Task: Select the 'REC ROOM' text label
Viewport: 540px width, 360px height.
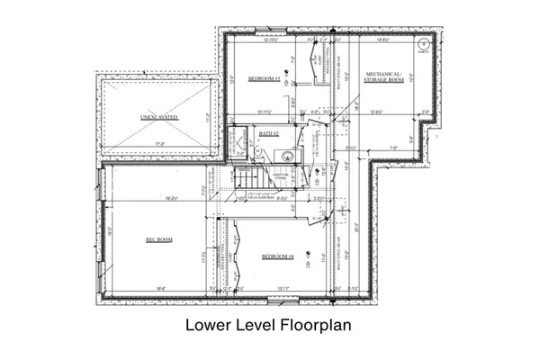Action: (x=158, y=239)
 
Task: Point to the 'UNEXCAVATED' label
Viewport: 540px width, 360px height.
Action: (x=158, y=118)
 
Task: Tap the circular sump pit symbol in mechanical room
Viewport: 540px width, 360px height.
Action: (x=424, y=41)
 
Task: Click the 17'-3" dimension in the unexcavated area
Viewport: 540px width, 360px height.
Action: (x=158, y=143)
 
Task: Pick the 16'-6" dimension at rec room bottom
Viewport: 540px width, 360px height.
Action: (x=158, y=288)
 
